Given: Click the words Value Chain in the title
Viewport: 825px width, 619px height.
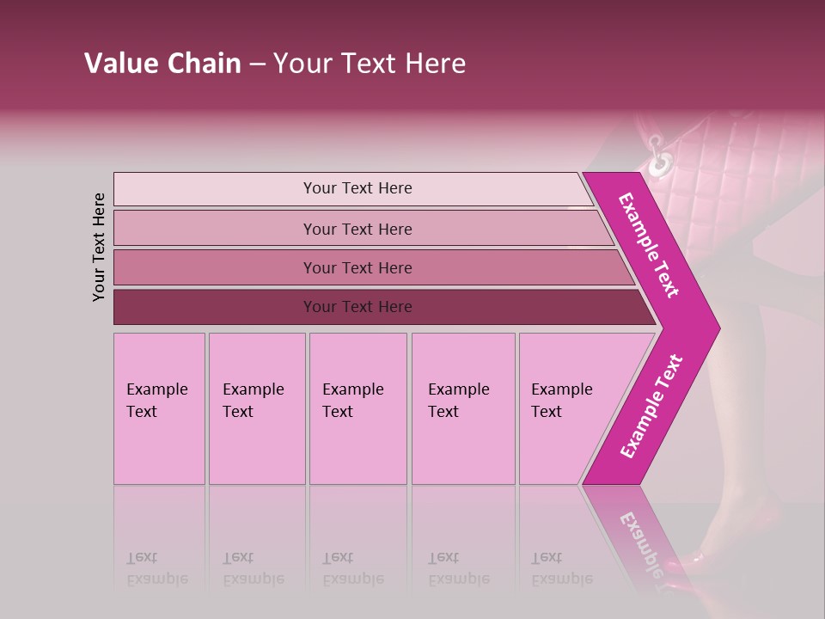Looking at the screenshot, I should (x=162, y=64).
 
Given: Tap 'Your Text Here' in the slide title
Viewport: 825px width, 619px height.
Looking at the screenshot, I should (x=370, y=64).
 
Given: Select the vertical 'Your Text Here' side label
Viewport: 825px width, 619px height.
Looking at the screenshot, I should (x=99, y=247).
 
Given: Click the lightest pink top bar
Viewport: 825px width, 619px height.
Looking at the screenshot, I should (x=357, y=188).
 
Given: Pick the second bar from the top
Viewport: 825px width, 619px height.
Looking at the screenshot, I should (x=357, y=229).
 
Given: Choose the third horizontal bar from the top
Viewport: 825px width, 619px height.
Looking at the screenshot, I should (x=357, y=267).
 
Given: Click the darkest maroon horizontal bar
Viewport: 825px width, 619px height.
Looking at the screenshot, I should (x=357, y=307).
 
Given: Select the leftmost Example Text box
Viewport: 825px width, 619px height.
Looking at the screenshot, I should (x=159, y=408).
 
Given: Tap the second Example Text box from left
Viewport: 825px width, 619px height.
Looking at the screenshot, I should (x=257, y=408).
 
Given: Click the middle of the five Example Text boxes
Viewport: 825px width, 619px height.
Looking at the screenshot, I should (x=357, y=408).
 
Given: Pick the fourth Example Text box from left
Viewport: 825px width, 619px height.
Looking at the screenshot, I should (x=463, y=408).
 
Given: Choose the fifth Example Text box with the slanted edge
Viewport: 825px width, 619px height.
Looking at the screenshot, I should (x=563, y=408).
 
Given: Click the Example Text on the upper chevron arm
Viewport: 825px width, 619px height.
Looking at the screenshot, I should (x=649, y=245).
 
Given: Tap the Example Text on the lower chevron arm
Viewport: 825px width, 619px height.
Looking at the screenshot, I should (x=651, y=407).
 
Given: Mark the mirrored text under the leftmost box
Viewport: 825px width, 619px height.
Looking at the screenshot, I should (x=157, y=568).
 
